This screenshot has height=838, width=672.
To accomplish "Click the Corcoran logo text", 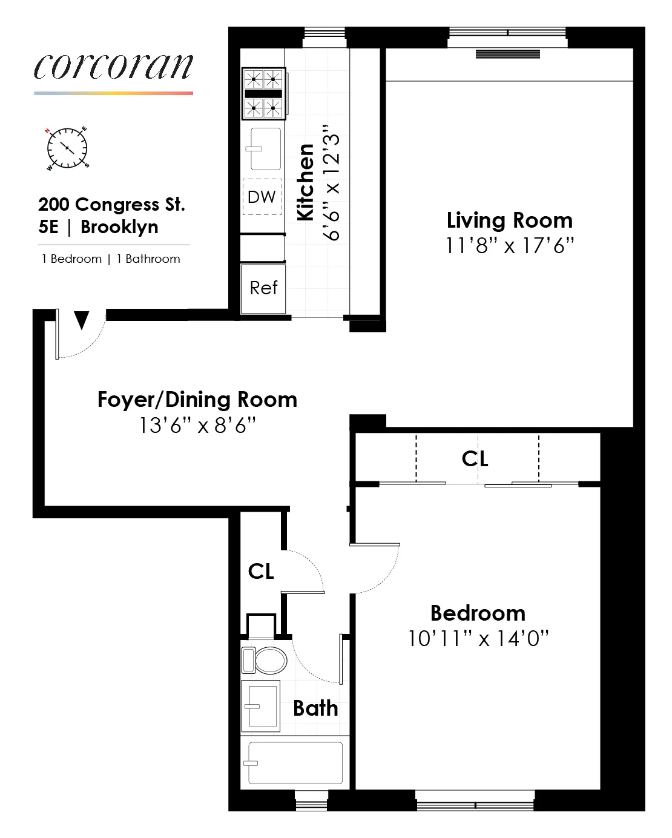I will tap(113, 67).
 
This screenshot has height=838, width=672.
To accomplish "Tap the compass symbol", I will tap(67, 148).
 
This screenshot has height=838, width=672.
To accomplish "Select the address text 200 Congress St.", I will tap(111, 205).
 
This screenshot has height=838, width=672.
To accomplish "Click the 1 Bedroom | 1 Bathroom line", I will tap(111, 259).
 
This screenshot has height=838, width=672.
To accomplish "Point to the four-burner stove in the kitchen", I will tap(263, 94).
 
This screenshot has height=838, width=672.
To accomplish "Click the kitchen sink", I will tap(265, 149).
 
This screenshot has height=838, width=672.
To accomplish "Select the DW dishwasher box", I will tap(262, 197).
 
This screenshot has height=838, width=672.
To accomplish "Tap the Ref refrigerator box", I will tap(263, 288).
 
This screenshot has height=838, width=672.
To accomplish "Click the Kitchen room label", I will tap(306, 182).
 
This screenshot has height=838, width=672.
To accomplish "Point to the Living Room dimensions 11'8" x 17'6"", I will tap(509, 246).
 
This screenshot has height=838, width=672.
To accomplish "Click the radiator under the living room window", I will tap(507, 54).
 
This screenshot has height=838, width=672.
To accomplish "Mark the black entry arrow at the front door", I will tap(82, 320).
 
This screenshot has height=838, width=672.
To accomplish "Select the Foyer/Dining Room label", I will tap(197, 400).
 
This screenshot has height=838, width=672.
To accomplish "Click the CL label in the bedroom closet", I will tap(475, 459).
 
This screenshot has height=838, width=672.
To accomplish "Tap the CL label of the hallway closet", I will tap(261, 571).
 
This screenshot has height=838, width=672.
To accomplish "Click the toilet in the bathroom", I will tap(266, 660).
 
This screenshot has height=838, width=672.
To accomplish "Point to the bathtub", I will tap(295, 763).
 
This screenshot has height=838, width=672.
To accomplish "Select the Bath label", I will tap(315, 708).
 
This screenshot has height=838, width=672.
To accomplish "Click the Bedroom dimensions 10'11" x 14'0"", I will tap(478, 639).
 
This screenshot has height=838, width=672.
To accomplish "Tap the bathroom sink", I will tap(261, 707).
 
